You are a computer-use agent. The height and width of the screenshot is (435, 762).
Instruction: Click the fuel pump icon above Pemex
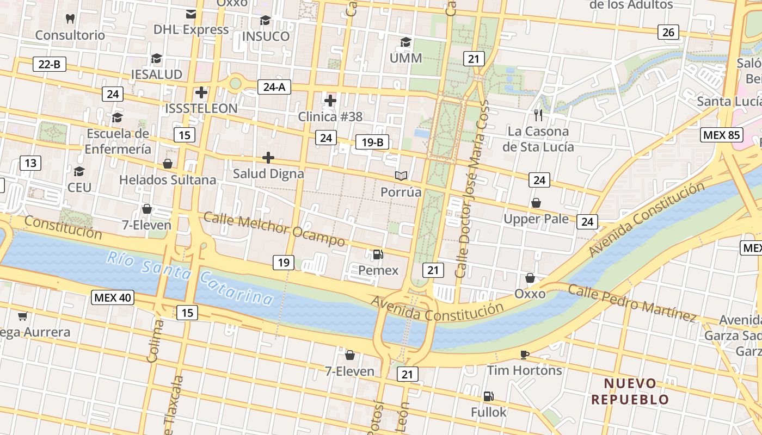pos(378,254)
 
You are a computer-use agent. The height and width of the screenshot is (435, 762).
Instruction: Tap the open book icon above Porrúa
pos(401,176)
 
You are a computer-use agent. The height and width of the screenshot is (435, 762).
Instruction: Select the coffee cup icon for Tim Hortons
pos(524,355)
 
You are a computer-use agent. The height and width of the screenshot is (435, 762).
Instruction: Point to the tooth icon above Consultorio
pos(70,18)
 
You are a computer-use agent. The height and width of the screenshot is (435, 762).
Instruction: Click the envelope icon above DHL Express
pos(191,14)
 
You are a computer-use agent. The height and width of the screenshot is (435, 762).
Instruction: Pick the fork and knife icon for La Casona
pos(538,115)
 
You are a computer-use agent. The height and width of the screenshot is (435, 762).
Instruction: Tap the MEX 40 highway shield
pos(113,297)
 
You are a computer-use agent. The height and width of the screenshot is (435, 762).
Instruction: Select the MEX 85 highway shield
pos(722,135)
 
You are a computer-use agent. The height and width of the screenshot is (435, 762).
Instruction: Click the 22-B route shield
pos(49,64)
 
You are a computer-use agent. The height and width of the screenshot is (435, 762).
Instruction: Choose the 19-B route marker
pos(372,142)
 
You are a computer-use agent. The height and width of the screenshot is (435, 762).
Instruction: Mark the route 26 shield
pos(668,32)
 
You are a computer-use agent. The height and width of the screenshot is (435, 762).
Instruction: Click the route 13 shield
pos(30,163)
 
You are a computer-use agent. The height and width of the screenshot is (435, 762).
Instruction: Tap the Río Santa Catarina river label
pos(189,277)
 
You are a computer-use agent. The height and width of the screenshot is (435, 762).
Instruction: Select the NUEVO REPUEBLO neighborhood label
pos(630,391)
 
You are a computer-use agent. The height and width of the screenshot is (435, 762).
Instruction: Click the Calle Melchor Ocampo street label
pos(274,228)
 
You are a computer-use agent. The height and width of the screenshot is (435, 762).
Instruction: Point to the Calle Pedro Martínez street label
pos(631,302)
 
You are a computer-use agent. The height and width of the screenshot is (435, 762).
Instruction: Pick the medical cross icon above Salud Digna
pos(268,158)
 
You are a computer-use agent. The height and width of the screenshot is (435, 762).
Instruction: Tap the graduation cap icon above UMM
pos(405,42)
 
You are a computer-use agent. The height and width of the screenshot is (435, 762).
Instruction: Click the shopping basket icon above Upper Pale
pos(536,203)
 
